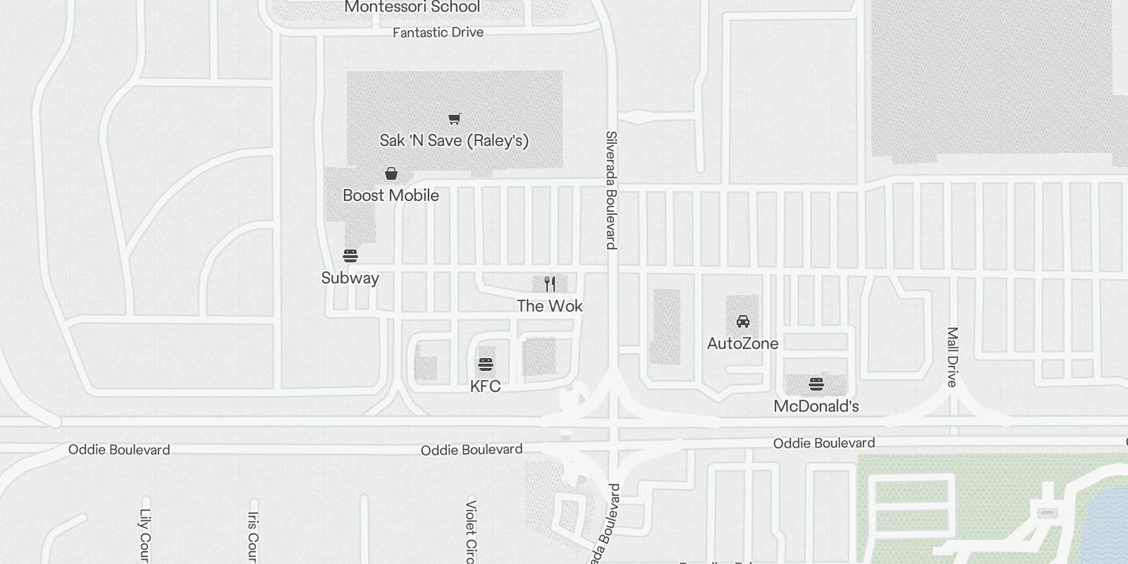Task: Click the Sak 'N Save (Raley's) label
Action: (x=454, y=140)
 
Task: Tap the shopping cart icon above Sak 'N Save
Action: (x=455, y=119)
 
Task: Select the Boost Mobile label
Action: (x=391, y=195)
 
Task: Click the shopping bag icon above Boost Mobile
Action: (x=391, y=173)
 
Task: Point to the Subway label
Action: (x=350, y=278)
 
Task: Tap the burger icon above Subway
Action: (x=350, y=255)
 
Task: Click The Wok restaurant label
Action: (x=550, y=306)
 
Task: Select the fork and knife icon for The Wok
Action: (x=550, y=284)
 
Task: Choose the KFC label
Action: (x=485, y=386)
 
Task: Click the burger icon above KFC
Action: (x=485, y=364)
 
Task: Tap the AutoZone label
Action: (x=742, y=343)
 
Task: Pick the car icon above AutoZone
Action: (x=742, y=321)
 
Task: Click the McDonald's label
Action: (x=816, y=406)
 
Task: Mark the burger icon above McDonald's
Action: (x=816, y=384)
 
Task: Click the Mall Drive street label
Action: (x=952, y=357)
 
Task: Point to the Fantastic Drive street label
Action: (x=438, y=32)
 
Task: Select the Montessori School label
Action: (x=412, y=8)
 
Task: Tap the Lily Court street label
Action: (x=145, y=536)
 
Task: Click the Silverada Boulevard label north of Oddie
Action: (x=611, y=190)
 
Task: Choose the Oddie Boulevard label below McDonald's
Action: (x=824, y=443)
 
